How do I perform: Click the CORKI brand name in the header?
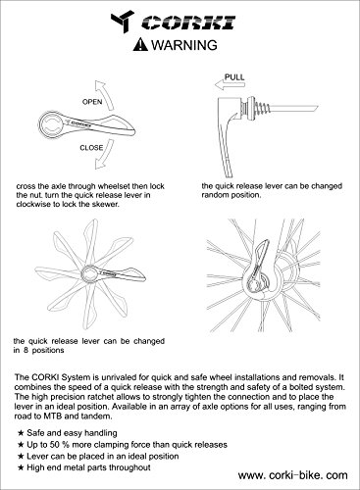pyautogui.click(x=189, y=23)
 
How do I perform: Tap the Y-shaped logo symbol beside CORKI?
pyautogui.click(x=123, y=21)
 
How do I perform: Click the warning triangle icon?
pyautogui.click(x=140, y=44)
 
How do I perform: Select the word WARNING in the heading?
pyautogui.click(x=184, y=45)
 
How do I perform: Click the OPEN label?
pyautogui.click(x=92, y=102)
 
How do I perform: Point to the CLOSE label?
pyautogui.click(x=91, y=148)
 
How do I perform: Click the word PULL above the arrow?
pyautogui.click(x=234, y=77)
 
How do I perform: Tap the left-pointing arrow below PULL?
pyautogui.click(x=230, y=85)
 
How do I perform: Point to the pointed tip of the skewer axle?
pyautogui.click(x=318, y=106)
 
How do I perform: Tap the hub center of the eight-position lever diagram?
pyautogui.click(x=89, y=274)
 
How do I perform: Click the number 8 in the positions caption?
pyautogui.click(x=26, y=351)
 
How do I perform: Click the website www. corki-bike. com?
pyautogui.click(x=293, y=475)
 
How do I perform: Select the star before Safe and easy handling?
pyautogui.click(x=21, y=433)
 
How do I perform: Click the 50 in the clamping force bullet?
pyautogui.click(x=54, y=445)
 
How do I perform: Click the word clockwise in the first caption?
pyautogui.click(x=32, y=205)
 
